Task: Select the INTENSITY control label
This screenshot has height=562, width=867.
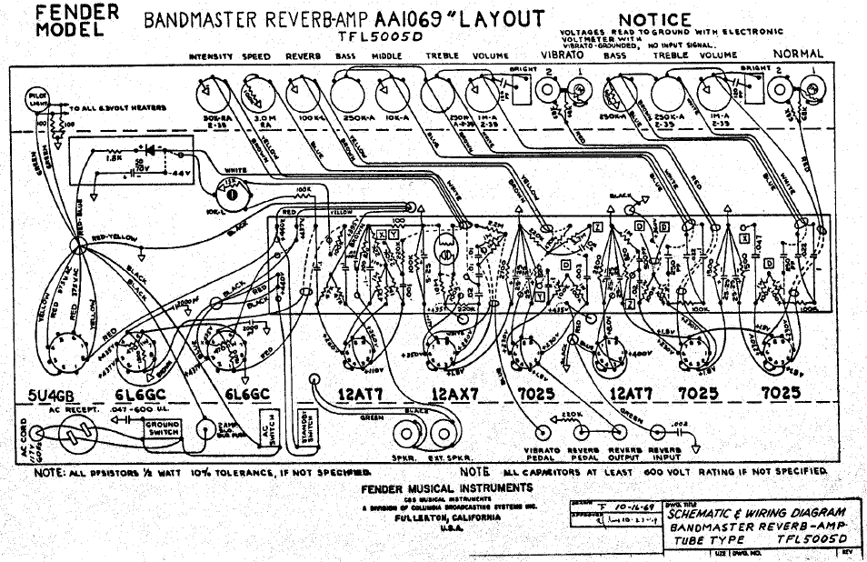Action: click(212, 56)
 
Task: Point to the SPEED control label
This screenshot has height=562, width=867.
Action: click(256, 56)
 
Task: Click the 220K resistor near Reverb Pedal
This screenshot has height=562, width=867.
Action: click(573, 415)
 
